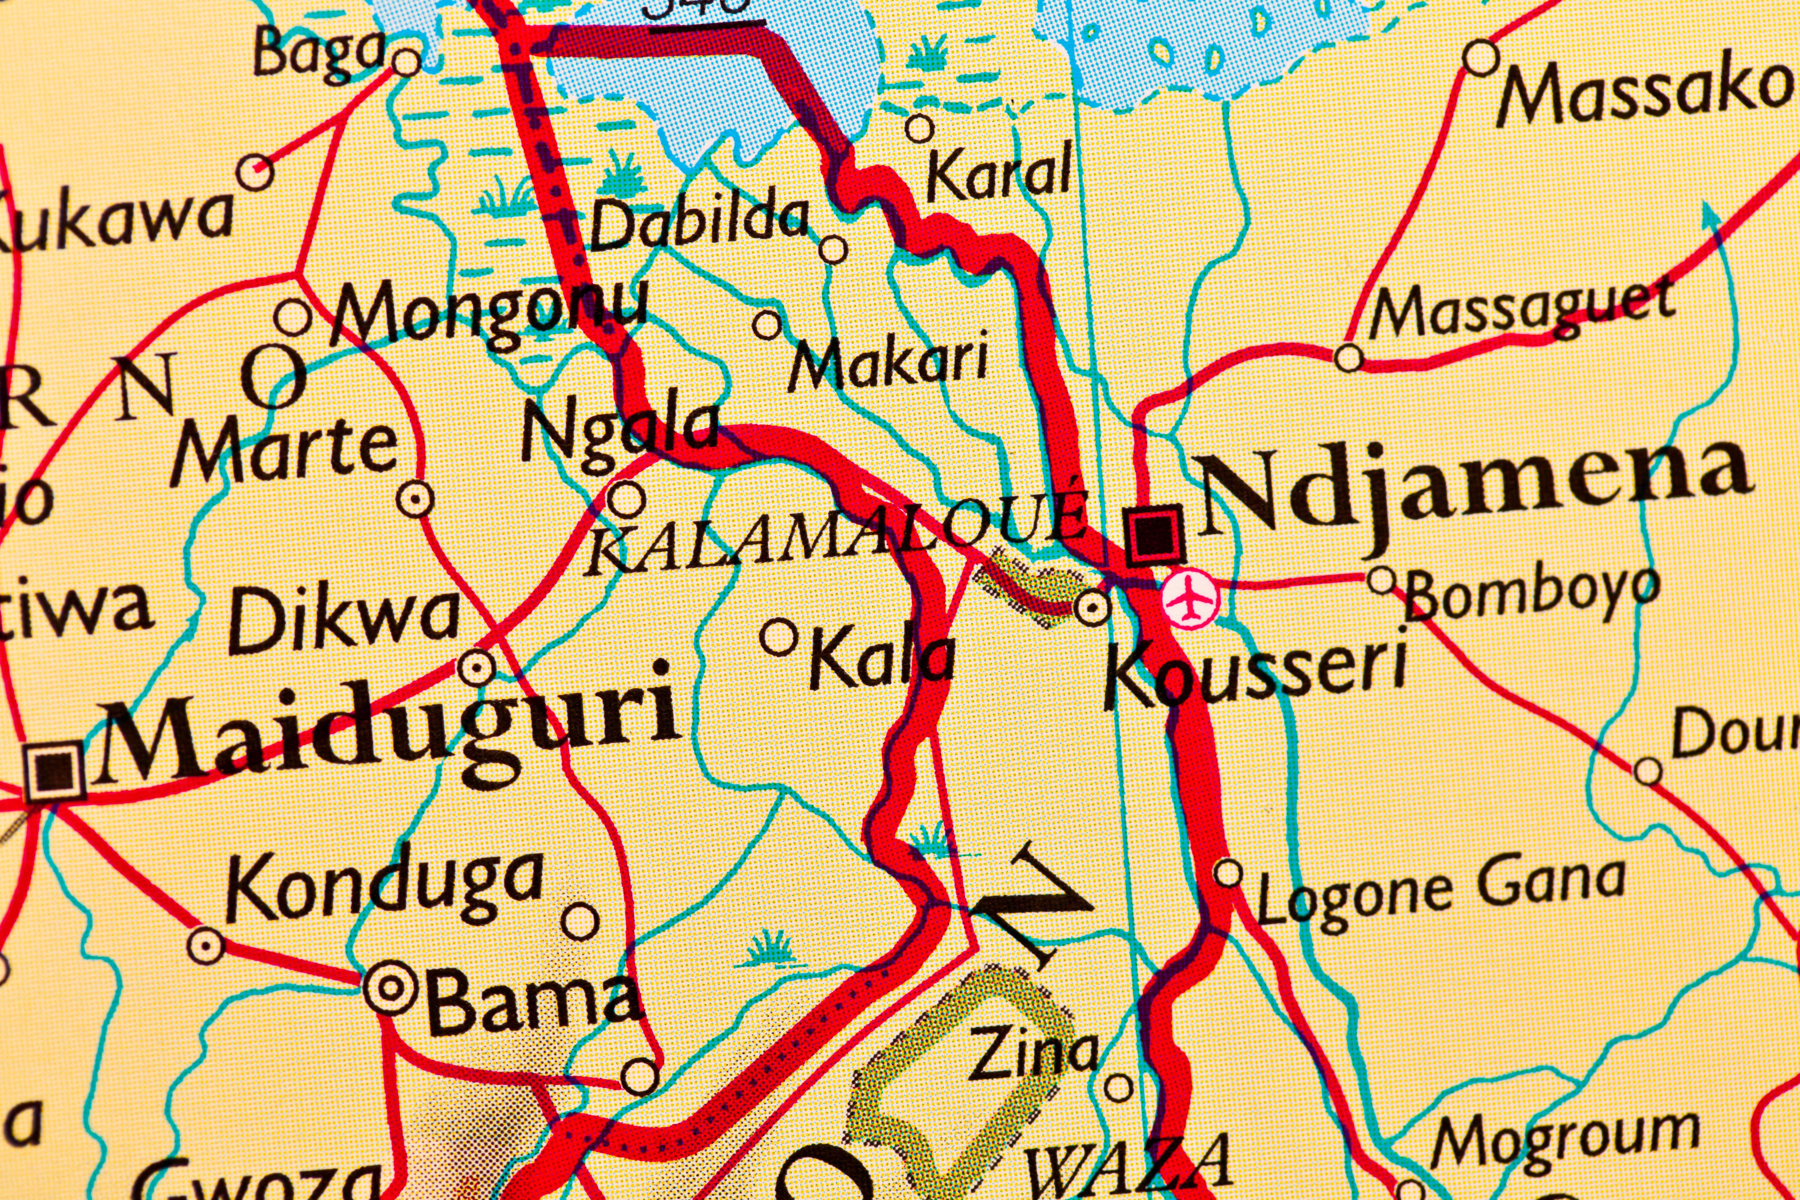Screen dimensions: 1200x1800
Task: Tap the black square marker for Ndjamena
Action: point(1154,533)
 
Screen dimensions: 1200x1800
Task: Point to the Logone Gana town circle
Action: point(1228,872)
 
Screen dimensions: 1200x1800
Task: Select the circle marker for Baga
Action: point(406,61)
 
